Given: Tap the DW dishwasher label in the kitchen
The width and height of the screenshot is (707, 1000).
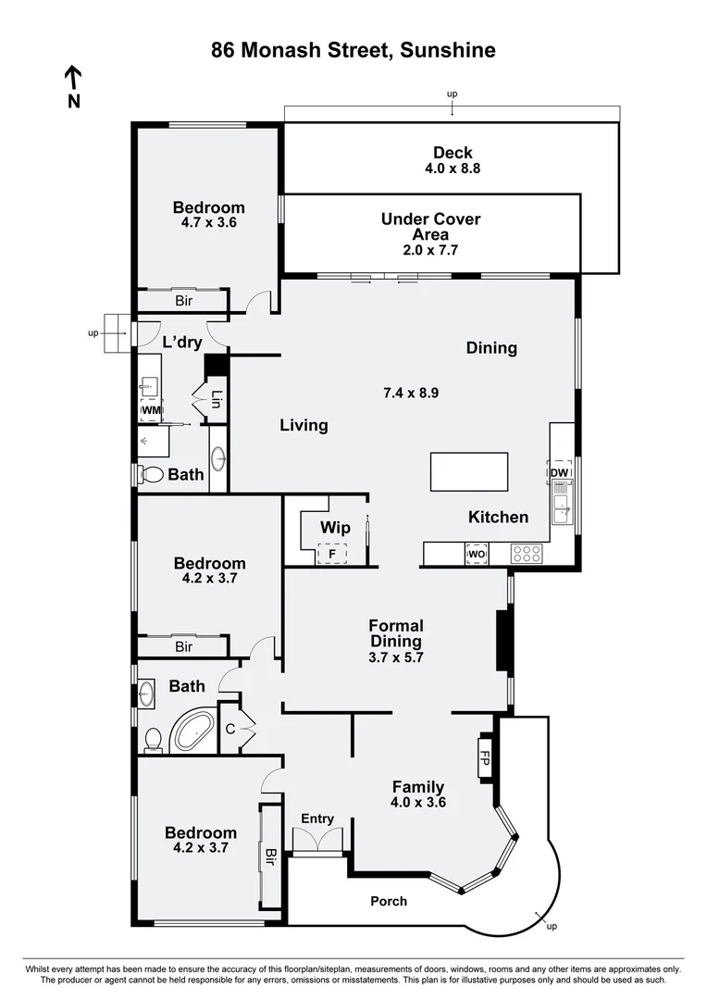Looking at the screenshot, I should point(560,474).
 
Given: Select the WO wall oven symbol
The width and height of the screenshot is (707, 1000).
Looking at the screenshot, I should point(477,555).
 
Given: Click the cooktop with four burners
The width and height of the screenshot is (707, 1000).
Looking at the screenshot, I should point(527,555).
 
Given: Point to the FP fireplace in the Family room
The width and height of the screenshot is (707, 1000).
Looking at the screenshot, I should point(484,759).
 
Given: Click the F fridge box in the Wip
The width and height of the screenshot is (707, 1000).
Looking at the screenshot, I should point(332,554).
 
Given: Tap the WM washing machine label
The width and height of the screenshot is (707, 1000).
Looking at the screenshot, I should point(151,410).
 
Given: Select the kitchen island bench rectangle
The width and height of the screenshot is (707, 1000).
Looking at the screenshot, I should point(469,471).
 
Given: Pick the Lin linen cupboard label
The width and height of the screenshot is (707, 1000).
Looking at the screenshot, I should point(217,400).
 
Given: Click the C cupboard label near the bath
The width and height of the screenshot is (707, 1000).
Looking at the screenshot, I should point(230,729).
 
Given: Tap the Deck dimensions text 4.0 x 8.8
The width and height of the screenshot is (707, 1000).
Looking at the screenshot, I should point(453,169).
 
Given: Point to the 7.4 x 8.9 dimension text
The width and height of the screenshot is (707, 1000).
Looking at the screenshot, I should point(410,393).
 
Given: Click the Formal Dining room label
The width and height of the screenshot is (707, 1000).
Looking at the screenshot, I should point(396,634).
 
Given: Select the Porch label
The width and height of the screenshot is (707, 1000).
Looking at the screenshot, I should point(389,901).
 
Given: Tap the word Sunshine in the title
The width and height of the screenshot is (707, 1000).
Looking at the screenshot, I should point(448,51).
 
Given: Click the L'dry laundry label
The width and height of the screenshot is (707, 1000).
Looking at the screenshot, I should point(181,343).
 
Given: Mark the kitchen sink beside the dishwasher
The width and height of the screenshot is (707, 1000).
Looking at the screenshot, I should point(561,506).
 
